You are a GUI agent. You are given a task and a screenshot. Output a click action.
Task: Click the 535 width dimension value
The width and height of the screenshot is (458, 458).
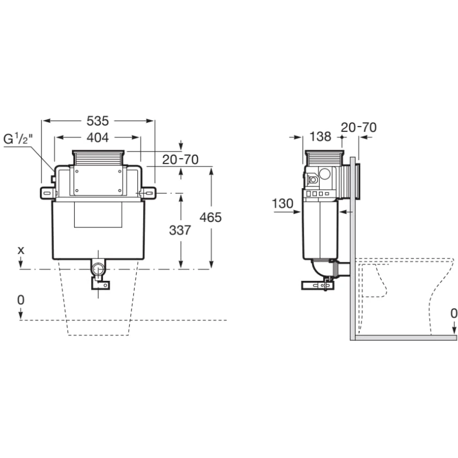(x=98, y=120)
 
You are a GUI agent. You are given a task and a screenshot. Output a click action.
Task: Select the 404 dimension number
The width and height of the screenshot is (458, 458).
(x=98, y=137)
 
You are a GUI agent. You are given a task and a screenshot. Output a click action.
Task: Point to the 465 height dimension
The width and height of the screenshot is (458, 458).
(x=211, y=218)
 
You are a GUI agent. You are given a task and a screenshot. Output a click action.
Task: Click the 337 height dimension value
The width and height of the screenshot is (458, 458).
(x=180, y=231)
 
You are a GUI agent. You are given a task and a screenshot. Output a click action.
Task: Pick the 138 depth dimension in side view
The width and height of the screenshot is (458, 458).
(x=321, y=137)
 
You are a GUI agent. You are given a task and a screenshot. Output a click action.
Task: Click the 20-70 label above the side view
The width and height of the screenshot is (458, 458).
(x=358, y=127)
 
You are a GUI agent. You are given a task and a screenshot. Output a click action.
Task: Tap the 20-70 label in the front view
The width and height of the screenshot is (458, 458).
(x=180, y=159)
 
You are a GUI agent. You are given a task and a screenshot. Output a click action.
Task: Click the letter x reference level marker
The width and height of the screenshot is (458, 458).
(x=21, y=250)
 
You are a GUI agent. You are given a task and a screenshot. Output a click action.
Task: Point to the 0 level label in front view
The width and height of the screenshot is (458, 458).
(x=21, y=300)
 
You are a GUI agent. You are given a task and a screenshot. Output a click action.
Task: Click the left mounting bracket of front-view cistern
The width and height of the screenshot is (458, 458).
(x=48, y=192)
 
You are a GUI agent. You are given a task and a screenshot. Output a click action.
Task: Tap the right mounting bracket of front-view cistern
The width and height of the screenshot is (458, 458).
(x=147, y=192)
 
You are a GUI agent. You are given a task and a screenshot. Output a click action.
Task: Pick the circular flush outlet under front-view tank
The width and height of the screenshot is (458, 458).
(x=98, y=269)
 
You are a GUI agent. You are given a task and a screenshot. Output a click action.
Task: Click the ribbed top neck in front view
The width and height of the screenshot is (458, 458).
(x=99, y=158)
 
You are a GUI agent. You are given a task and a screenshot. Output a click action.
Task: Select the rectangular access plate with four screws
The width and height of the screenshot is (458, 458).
(x=99, y=179)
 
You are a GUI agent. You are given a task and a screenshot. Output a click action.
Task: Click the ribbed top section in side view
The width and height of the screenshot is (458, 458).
(x=326, y=158)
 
